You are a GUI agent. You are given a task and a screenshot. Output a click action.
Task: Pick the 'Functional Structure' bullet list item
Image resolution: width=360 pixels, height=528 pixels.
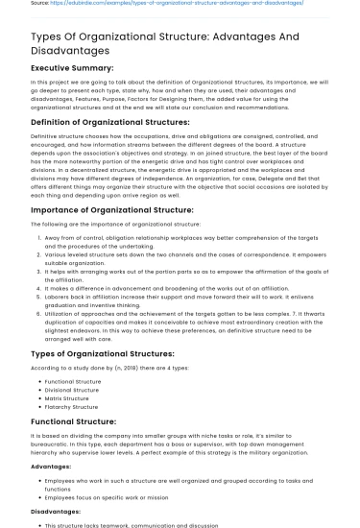(x=73, y=381)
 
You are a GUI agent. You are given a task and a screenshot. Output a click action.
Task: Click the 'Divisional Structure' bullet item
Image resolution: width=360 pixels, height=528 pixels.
(x=72, y=390)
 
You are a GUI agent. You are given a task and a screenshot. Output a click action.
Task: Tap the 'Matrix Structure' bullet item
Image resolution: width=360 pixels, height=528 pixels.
(x=67, y=398)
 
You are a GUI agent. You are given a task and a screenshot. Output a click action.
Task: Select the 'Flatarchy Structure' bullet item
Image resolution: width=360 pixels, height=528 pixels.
(x=72, y=407)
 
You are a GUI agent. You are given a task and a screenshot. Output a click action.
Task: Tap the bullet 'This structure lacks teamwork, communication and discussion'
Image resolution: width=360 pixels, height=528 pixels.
(x=138, y=524)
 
